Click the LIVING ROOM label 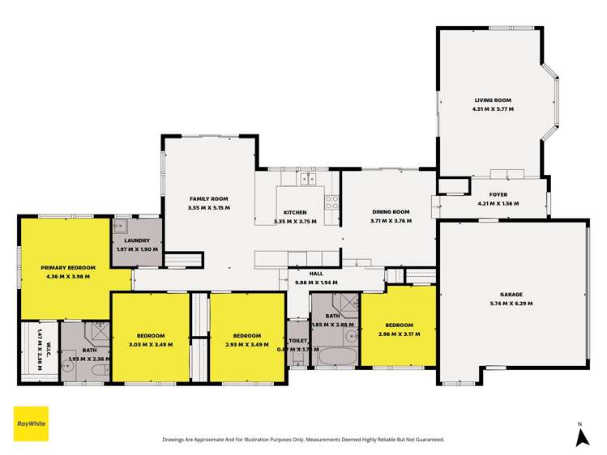point(494,100)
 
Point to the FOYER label point(498,195)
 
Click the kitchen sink point(309,179)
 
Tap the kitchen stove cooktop point(331,202)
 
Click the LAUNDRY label point(136,241)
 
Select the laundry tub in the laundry point(121,227)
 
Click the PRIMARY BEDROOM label point(69,267)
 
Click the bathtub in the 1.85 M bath point(333,356)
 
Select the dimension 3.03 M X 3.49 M point(151,344)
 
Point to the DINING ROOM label point(391,212)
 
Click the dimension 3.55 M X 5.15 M point(209,207)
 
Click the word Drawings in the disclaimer point(177,440)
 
